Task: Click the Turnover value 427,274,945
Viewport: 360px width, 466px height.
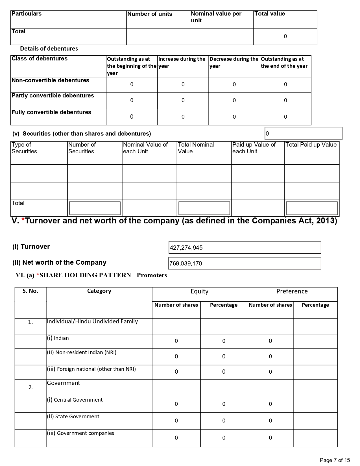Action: (x=186, y=248)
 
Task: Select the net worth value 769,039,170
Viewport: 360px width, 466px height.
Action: (x=186, y=264)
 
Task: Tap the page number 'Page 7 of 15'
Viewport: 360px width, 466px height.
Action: (x=335, y=460)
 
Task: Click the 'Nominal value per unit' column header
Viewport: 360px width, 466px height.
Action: (x=216, y=17)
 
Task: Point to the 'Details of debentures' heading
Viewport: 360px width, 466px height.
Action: (x=49, y=49)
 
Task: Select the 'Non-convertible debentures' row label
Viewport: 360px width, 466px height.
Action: (x=50, y=80)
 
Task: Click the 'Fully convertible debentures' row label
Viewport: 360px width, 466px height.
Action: (x=51, y=112)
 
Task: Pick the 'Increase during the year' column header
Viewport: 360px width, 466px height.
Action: (x=182, y=62)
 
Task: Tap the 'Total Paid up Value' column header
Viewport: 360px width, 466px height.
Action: (x=311, y=145)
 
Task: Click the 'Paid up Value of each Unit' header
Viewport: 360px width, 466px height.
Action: (x=254, y=148)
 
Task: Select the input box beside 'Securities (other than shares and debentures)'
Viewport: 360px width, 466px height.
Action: (x=303, y=133)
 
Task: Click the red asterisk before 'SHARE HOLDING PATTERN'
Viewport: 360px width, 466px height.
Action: (x=38, y=275)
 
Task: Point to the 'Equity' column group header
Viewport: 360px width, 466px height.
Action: (x=199, y=291)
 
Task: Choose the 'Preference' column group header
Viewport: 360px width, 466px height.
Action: (x=292, y=291)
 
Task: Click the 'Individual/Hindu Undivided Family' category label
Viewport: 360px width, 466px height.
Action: (x=92, y=321)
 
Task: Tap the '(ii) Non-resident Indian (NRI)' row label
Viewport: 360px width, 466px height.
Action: (x=82, y=352)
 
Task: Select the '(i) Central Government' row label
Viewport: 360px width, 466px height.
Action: (x=75, y=400)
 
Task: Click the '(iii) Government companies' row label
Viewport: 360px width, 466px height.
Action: (x=80, y=433)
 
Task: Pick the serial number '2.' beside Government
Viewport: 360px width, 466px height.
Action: (x=30, y=387)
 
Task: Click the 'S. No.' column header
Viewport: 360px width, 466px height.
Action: (x=30, y=291)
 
